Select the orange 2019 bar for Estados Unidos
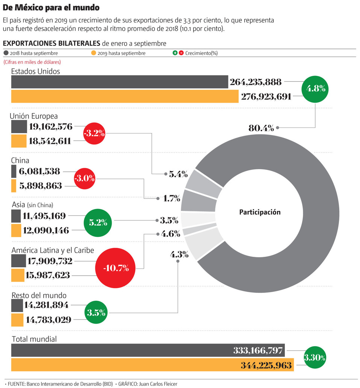[124, 96]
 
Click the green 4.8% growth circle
[316, 89]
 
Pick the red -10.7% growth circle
[117, 268]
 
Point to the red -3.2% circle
[94, 133]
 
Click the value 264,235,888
[256, 82]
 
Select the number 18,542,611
[50, 141]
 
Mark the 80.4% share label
[261, 128]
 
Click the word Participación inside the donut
[260, 212]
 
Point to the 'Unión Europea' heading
[34, 116]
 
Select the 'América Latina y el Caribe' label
[53, 250]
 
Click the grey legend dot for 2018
[6, 53]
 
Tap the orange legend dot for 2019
[94, 53]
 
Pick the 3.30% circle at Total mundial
[315, 357]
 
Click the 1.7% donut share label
[171, 198]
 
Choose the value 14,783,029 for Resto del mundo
[48, 320]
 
